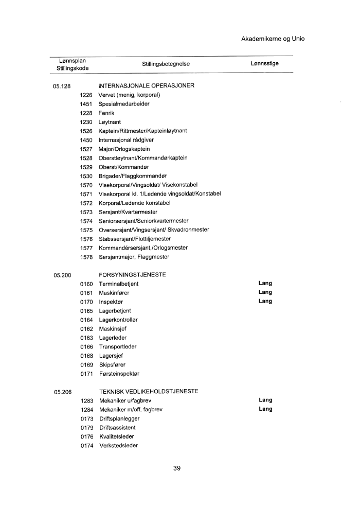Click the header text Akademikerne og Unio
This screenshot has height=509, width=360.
[x=273, y=39]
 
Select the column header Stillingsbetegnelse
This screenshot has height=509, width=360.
[x=166, y=64]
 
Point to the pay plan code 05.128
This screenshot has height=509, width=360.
[x=62, y=86]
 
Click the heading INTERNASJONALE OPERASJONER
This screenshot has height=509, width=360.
[x=146, y=85]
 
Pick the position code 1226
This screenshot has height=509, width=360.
[x=86, y=95]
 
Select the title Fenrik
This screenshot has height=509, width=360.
[x=106, y=113]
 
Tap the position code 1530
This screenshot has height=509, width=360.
[x=86, y=176]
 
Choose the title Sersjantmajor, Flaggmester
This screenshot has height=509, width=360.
[x=134, y=257]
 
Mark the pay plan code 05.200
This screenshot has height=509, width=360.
[x=62, y=275]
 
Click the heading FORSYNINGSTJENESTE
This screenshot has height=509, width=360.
[x=133, y=275]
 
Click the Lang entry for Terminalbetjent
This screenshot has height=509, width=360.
[x=265, y=283]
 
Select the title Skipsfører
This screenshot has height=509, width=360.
[x=112, y=364]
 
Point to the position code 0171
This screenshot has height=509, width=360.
[x=86, y=373]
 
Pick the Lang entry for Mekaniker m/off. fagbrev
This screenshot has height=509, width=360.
[x=265, y=409]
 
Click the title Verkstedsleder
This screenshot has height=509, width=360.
[x=118, y=445]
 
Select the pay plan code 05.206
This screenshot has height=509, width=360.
[x=62, y=392]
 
